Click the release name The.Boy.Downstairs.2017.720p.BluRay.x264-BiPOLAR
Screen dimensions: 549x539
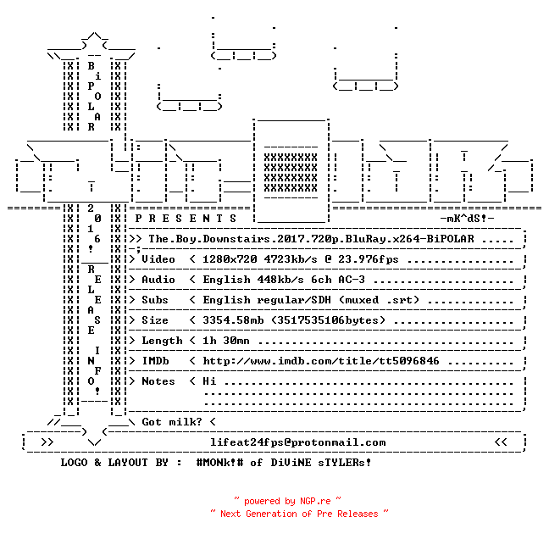coord(311,239)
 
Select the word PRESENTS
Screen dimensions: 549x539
coord(186,219)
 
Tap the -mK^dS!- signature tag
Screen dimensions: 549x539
coord(467,219)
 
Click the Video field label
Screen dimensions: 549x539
coord(158,259)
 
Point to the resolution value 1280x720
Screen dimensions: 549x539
coord(230,259)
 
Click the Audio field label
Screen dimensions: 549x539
coord(158,280)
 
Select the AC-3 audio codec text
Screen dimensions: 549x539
coord(352,280)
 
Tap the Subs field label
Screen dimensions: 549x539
coord(155,300)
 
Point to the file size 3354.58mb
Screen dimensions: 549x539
coord(233,320)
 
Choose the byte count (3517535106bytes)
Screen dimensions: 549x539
coord(328,320)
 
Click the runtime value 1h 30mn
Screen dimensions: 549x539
coord(226,341)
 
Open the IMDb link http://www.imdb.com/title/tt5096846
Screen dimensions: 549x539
coord(321,361)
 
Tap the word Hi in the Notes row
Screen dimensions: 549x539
coord(209,381)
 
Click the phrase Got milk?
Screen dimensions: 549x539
coord(172,422)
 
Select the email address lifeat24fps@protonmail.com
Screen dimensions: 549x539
coord(298,442)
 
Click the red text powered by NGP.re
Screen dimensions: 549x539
coord(287,501)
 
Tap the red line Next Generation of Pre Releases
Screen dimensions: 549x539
coord(299,514)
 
